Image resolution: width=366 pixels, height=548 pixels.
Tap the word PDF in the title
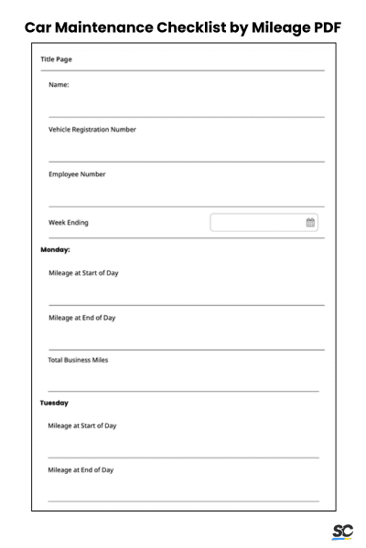[323, 28]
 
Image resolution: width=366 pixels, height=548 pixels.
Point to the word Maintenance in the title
[102, 28]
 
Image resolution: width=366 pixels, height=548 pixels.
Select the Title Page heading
[57, 59]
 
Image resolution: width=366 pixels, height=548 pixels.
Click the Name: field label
[59, 85]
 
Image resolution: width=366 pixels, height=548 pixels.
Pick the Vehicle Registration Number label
[92, 130]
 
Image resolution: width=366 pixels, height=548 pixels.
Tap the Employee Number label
[77, 174]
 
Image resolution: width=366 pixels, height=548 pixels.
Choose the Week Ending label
[69, 223]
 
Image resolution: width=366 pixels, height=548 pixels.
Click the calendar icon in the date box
[310, 223]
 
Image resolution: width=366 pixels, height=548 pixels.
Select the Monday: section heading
[56, 249]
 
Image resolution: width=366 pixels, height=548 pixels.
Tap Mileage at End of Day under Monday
[82, 318]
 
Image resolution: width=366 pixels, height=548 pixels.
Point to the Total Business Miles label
[78, 360]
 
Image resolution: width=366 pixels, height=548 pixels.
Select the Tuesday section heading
[54, 403]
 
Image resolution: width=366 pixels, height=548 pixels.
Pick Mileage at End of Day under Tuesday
[81, 469]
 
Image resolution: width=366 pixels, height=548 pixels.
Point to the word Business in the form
[79, 360]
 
